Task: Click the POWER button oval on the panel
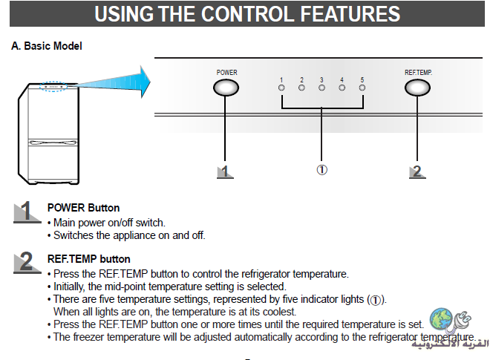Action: (226, 88)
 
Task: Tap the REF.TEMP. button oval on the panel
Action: (417, 88)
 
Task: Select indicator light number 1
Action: (281, 88)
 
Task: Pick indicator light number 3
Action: (321, 88)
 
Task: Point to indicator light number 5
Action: (362, 88)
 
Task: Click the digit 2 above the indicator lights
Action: (301, 80)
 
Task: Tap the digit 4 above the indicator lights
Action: (342, 80)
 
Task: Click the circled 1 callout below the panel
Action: (321, 170)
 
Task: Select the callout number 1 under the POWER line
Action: (225, 172)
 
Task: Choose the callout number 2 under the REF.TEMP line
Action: (417, 172)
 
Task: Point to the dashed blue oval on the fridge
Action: (53, 86)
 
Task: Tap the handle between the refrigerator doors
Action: (53, 143)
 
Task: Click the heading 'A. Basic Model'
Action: (47, 46)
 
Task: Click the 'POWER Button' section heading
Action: (83, 208)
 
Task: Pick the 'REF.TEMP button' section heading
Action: (88, 259)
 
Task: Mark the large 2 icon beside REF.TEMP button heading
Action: (27, 262)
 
